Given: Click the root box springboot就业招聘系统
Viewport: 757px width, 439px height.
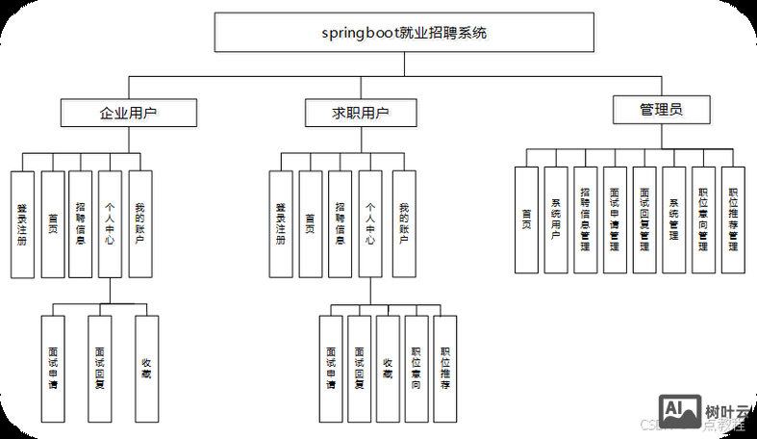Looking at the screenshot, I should point(404,33).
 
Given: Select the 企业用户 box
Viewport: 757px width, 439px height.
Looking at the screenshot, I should point(128,113).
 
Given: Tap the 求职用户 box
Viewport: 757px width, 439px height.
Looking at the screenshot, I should point(361,113).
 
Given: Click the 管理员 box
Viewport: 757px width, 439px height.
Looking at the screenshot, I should point(661,109).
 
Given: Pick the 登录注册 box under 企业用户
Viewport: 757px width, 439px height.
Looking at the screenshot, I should point(22,224).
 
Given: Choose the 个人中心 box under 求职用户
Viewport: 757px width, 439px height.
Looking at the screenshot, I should point(370,224).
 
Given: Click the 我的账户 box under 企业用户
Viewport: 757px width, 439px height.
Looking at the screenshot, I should point(140,224).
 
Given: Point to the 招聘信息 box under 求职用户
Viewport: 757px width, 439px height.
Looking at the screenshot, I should point(340,224).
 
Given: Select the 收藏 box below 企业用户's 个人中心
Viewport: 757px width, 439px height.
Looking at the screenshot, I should point(146,368).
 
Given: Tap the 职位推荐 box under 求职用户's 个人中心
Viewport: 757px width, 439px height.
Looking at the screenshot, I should point(444,369).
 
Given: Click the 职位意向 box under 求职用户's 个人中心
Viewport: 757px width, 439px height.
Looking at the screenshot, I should point(416,369).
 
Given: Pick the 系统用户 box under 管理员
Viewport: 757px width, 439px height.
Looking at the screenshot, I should point(556,220).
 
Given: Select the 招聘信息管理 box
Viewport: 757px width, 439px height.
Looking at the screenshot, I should point(586,220).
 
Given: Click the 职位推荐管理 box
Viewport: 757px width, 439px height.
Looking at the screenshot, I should point(733,220).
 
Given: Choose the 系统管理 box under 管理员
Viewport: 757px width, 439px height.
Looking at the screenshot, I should point(674,220).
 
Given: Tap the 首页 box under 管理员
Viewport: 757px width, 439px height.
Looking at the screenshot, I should point(526,220).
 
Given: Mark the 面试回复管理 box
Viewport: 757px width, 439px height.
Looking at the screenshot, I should point(644,220).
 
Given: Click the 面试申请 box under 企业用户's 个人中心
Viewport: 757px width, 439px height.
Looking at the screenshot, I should point(53,368).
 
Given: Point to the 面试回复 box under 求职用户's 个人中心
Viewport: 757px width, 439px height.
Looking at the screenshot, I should point(359,369).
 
